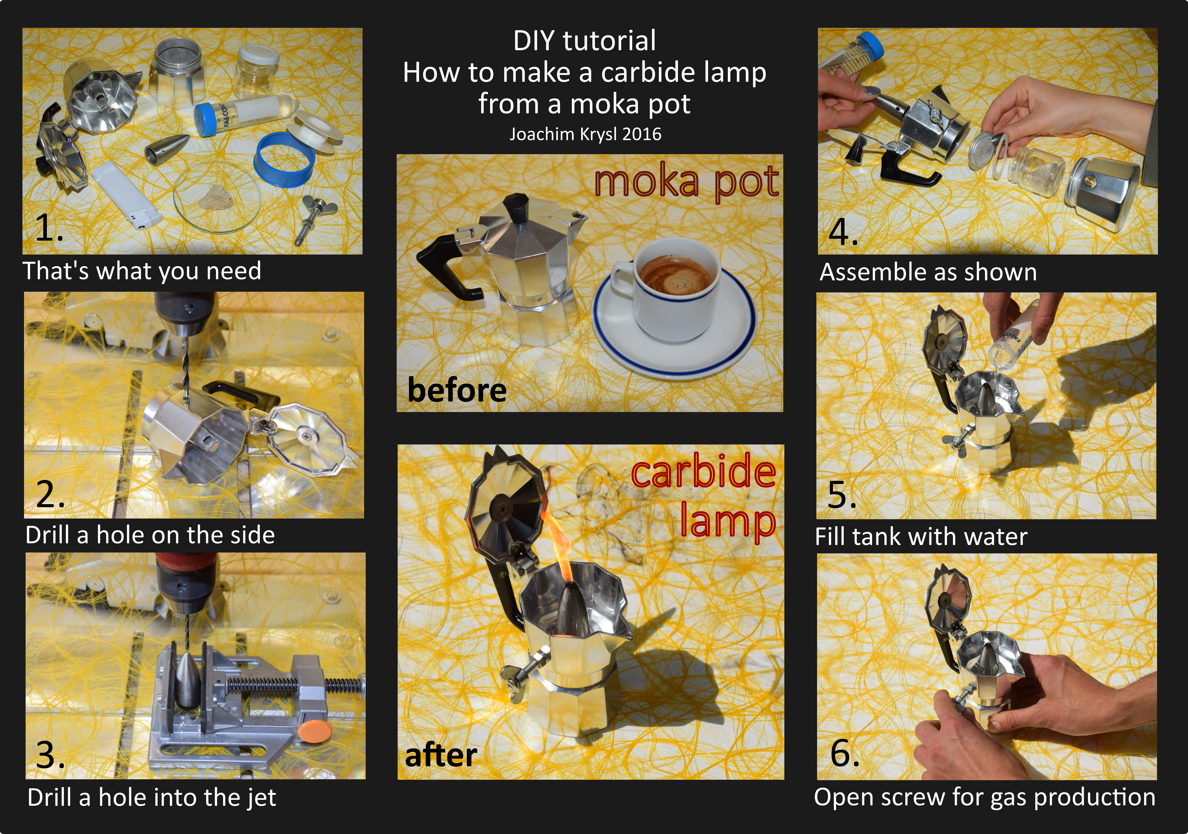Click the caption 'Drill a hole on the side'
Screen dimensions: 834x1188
click(150, 535)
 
